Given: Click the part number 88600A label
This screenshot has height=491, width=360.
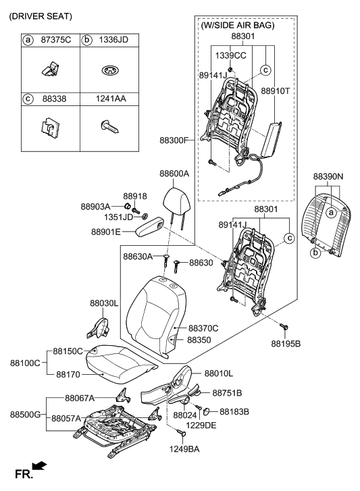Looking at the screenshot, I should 174,174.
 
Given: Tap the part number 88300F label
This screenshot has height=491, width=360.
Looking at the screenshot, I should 175,140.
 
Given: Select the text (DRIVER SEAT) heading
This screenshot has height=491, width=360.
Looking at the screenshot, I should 41,16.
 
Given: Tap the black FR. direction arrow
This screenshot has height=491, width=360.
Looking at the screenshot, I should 40,465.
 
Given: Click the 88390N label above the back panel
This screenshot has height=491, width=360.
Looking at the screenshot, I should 329,176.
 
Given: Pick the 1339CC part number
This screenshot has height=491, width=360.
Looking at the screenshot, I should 232,55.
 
